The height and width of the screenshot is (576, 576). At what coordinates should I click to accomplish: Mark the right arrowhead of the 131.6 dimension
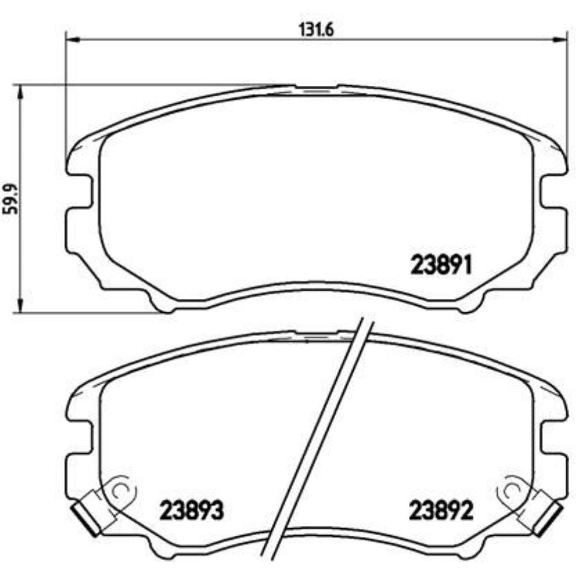coord(562,40)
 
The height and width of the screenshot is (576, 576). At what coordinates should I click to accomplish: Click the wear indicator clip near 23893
coord(86,511)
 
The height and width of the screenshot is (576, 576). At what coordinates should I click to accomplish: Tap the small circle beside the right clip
coord(512,491)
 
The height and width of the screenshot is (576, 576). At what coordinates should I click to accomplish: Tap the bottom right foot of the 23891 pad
coord(469,304)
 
